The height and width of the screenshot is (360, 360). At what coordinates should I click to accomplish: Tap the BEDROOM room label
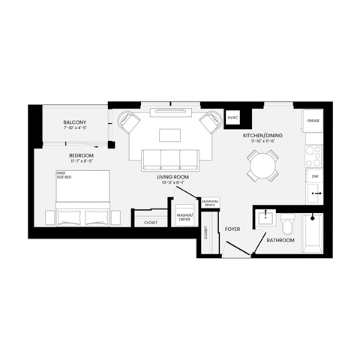tap(71, 154)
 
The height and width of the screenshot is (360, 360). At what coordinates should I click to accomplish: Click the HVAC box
tap(233, 118)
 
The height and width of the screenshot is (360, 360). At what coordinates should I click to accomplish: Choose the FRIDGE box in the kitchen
tap(313, 120)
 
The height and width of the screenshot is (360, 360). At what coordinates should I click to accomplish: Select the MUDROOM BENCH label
tap(211, 203)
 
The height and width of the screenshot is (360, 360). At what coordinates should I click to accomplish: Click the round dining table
tap(263, 163)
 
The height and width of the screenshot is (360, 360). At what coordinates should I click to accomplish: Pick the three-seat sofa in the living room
tap(170, 159)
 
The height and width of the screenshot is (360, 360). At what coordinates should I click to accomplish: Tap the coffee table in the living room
tap(169, 136)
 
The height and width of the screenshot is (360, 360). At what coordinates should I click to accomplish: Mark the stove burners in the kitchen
tap(313, 154)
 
